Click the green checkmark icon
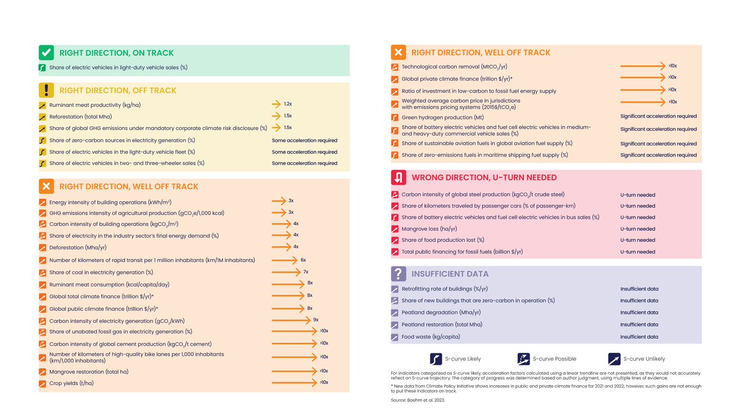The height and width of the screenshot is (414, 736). pyautogui.click(x=47, y=53)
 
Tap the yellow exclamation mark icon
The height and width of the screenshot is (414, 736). pyautogui.click(x=47, y=90)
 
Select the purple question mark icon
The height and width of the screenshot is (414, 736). pyautogui.click(x=399, y=274)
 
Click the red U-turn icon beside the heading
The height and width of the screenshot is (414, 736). pyautogui.click(x=399, y=177)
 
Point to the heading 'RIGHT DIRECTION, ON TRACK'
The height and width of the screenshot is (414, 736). pyautogui.click(x=116, y=53)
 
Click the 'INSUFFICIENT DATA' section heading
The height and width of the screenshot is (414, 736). pyautogui.click(x=450, y=274)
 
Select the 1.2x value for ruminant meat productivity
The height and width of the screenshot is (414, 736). pyautogui.click(x=288, y=104)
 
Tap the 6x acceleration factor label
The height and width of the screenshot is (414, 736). pyautogui.click(x=303, y=260)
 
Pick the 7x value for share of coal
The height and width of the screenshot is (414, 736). pyautogui.click(x=305, y=272)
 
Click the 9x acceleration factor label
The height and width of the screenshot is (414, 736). pyautogui.click(x=315, y=320)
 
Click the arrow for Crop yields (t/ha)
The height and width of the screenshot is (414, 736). pyautogui.click(x=294, y=383)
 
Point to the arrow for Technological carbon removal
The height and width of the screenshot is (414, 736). pyautogui.click(x=643, y=65)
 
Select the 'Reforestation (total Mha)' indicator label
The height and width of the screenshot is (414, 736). pyautogui.click(x=80, y=117)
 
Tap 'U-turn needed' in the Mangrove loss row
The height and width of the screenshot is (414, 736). pyautogui.click(x=637, y=229)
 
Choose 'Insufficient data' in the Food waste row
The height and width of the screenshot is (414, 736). pyautogui.click(x=639, y=337)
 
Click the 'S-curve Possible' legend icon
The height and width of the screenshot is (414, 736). pyautogui.click(x=524, y=359)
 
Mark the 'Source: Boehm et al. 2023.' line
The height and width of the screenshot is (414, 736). pyautogui.click(x=417, y=400)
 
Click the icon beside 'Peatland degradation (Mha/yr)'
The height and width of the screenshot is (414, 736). pyautogui.click(x=395, y=312)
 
